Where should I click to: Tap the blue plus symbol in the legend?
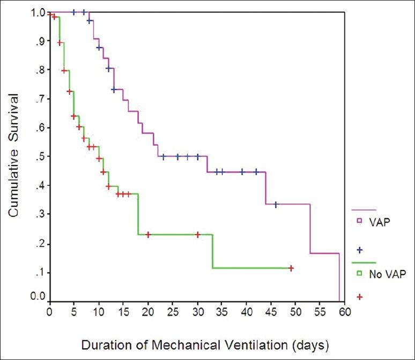[360, 250]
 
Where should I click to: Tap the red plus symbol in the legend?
[360, 296]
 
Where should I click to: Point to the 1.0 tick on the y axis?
[37, 12]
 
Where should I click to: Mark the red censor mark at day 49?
[291, 268]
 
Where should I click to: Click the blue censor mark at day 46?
[276, 205]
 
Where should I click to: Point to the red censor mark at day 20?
[148, 234]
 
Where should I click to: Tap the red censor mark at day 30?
[197, 234]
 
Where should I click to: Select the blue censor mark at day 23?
[163, 156]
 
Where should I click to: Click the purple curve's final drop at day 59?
[339, 279]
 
